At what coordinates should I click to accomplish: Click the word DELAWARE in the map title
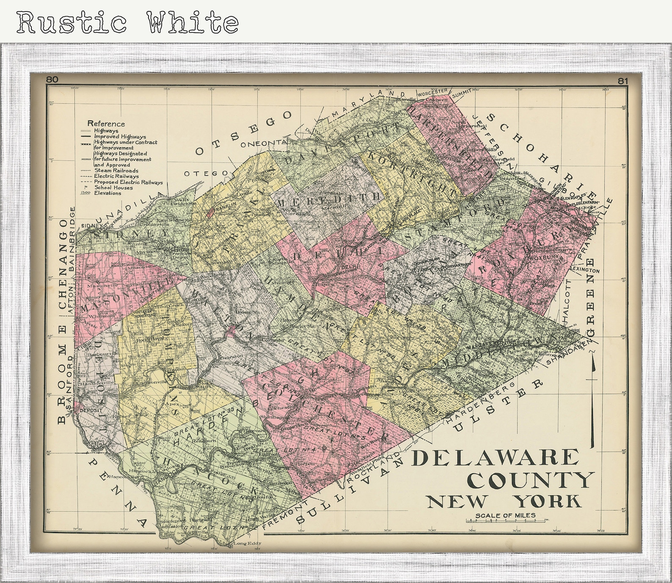pyautogui.click(x=496, y=458)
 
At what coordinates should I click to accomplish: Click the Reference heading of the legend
pyautogui.click(x=106, y=124)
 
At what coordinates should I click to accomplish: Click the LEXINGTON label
pyautogui.click(x=584, y=270)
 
